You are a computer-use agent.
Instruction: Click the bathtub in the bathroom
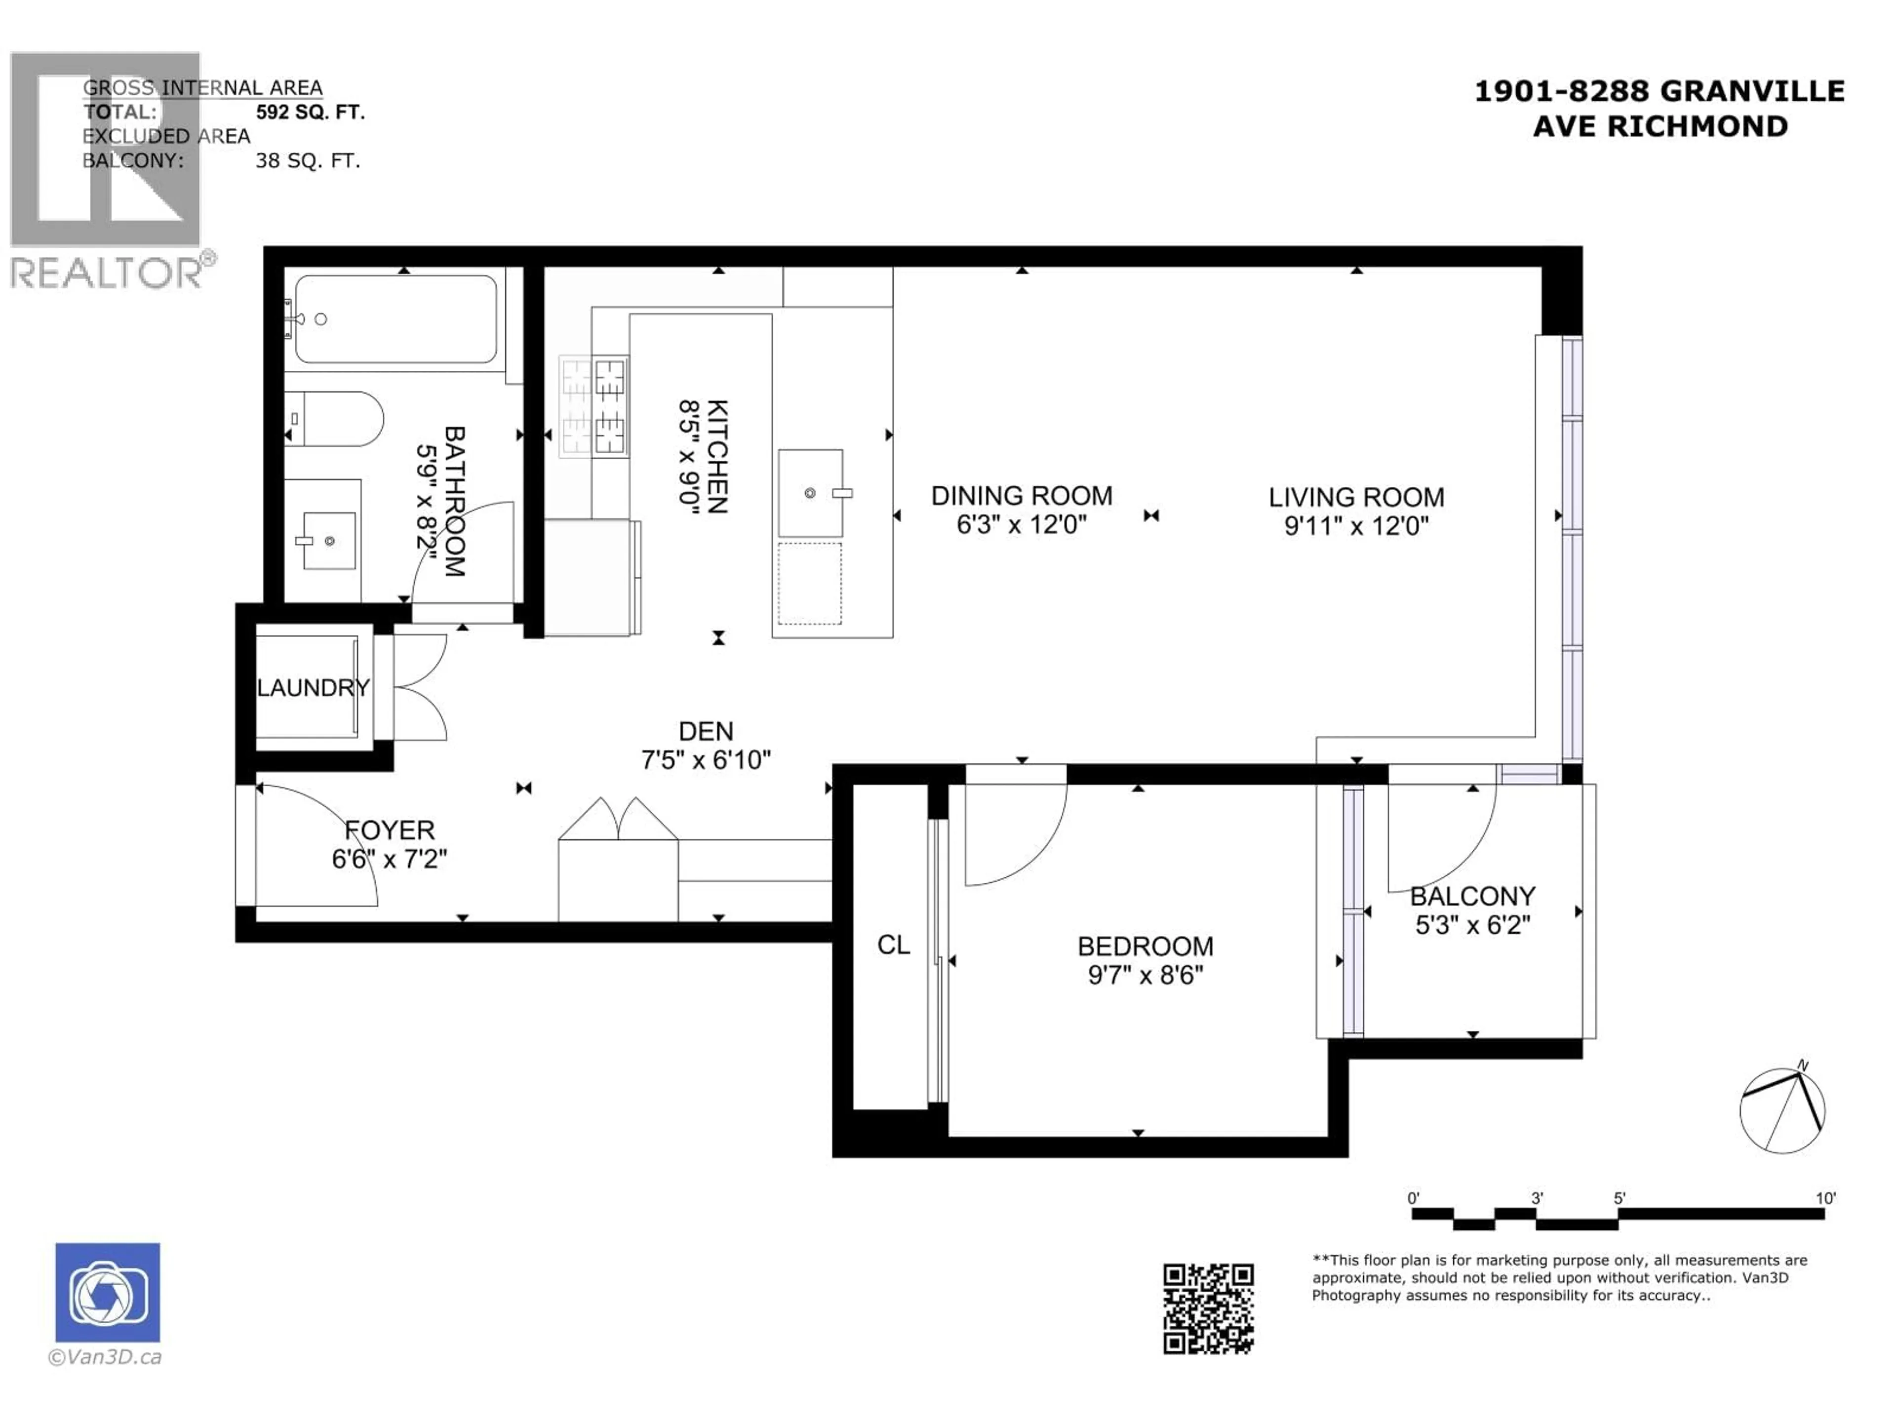coord(396,319)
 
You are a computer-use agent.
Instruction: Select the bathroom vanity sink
coord(328,541)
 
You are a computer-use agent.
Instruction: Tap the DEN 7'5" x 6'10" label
coord(706,746)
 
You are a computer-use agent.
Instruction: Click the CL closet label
coord(893,945)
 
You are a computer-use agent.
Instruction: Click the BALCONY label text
coord(1472,897)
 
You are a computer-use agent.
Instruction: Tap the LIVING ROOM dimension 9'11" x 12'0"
coord(1356,525)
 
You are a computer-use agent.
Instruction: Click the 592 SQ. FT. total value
coord(310,112)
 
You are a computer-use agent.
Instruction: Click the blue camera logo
coord(108,1293)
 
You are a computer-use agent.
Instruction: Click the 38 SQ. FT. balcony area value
coord(308,161)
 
